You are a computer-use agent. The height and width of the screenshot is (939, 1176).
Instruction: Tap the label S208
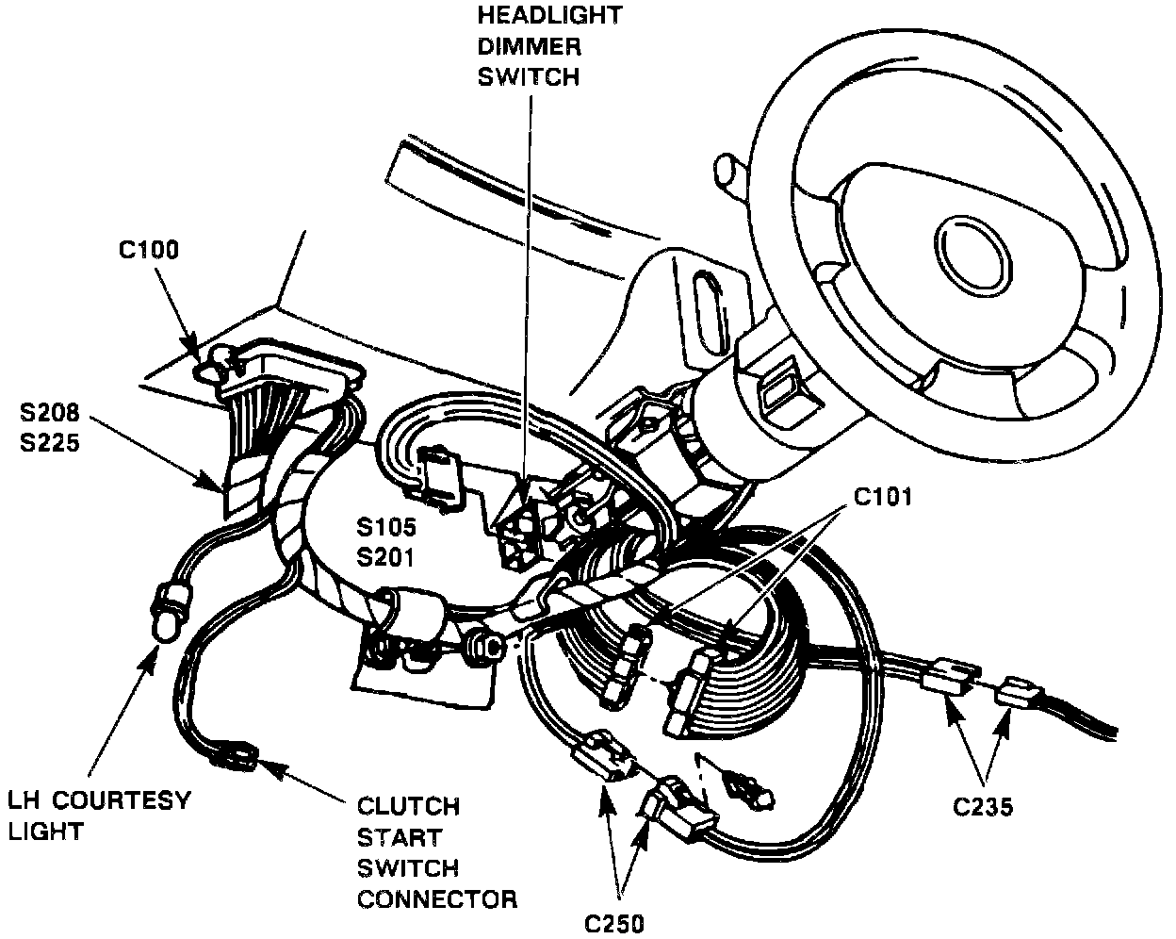coord(49,414)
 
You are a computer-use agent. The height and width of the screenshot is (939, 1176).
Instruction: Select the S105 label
coord(386,527)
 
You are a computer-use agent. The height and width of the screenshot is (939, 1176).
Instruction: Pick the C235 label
coord(983,807)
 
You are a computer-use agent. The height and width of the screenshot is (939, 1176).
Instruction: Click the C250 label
coord(614,922)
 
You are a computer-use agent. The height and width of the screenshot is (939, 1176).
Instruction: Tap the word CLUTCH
coord(408,807)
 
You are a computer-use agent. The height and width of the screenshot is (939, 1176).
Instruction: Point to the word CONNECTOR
coord(436,898)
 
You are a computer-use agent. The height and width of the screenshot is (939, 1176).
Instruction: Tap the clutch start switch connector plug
coord(235,754)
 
